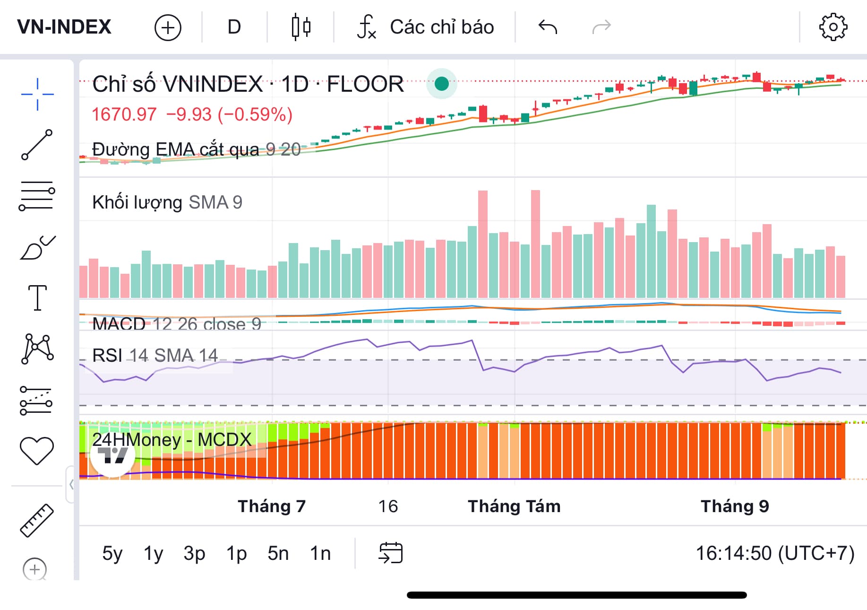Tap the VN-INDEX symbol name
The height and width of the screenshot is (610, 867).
pos(64,27)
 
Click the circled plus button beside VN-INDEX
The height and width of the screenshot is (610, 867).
pos(168,27)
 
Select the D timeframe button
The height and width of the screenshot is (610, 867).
pos(234,27)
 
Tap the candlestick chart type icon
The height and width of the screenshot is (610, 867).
pos(300,27)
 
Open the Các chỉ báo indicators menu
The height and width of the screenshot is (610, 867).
pos(425,27)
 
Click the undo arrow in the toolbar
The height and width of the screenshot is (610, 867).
pos(548,27)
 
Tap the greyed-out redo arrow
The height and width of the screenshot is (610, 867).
pos(601,27)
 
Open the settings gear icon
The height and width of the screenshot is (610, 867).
pos(833,27)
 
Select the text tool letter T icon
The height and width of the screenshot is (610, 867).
pos(37,298)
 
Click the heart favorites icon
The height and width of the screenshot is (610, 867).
pos(37,450)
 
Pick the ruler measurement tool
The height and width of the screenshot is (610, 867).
pos(37,520)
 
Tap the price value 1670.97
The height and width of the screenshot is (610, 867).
pos(124,114)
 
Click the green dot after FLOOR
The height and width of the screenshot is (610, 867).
pos(442,84)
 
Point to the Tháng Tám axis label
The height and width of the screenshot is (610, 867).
pos(514,506)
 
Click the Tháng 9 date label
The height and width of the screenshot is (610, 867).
pos(735,506)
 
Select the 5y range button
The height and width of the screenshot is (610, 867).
pos(112,553)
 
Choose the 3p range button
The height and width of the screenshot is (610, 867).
pos(194,553)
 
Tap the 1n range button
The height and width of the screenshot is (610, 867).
pos(320,553)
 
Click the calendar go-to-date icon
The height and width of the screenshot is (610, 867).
pos(391,553)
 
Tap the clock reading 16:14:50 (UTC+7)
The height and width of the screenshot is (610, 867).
pos(775,553)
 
